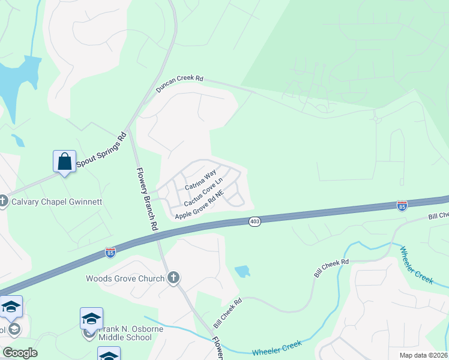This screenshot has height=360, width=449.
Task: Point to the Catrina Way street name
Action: [x=200, y=180]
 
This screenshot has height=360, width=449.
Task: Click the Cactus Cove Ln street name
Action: [x=203, y=192]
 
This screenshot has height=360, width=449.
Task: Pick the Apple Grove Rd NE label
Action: [x=199, y=205]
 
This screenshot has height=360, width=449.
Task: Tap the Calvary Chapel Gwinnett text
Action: [x=53, y=201]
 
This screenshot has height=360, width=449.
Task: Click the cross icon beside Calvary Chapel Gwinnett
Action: [x=3, y=201]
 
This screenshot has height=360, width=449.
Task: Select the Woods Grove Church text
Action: [x=125, y=278]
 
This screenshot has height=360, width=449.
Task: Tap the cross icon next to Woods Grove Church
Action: [x=173, y=278]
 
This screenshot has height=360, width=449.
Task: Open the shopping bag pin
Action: [x=64, y=161]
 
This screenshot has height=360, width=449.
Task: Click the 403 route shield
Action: [x=255, y=222]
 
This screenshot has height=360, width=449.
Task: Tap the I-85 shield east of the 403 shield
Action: [x=402, y=206]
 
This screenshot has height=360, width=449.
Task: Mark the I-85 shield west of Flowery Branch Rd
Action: [x=110, y=252]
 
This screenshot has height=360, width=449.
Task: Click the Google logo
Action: [x=20, y=353]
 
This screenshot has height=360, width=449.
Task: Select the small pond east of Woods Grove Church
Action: [x=243, y=271]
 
